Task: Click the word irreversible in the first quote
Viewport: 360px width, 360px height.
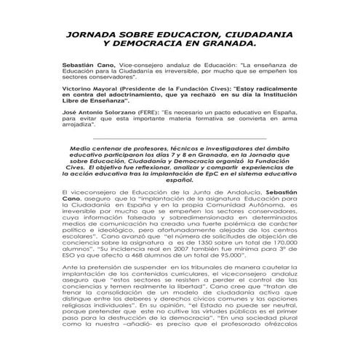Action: (172, 73)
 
